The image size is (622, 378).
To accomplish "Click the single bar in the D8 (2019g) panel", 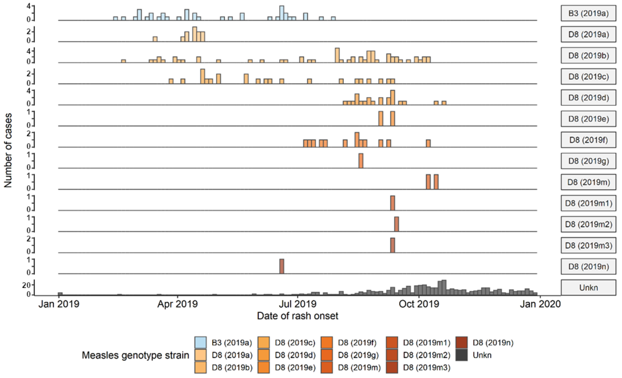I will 361,161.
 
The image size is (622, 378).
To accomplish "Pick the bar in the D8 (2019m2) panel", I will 396,224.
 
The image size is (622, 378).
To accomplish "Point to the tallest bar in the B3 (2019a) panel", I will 282,13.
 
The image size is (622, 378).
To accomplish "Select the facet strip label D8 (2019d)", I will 588,98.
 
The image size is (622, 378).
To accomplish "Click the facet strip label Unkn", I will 588,287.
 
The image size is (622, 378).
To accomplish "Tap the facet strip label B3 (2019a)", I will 588,13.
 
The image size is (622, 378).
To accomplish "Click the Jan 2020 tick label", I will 540,304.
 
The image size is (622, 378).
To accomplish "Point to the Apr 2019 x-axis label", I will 178,304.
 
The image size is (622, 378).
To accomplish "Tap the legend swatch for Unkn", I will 462,355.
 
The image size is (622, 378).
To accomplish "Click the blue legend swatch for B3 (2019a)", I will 200,342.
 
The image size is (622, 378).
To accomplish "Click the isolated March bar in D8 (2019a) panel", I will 155,39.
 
